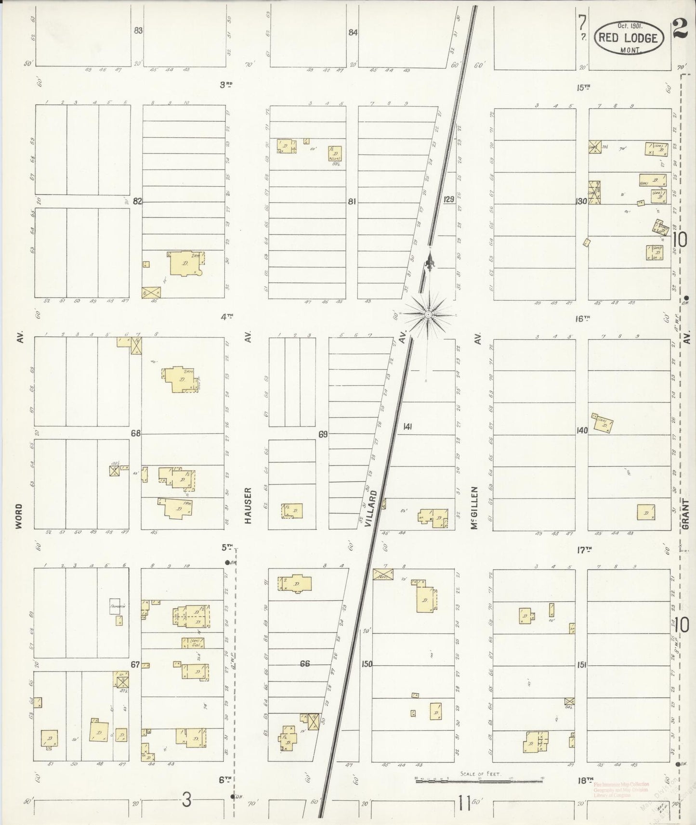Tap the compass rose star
click(x=428, y=314)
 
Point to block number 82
click(x=138, y=201)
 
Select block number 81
click(x=352, y=202)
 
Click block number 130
click(x=582, y=201)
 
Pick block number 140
click(x=582, y=430)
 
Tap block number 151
click(x=582, y=665)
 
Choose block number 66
click(x=304, y=664)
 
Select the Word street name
click(x=19, y=516)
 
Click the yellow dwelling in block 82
click(x=184, y=265)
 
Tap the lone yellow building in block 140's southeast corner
click(x=646, y=512)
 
